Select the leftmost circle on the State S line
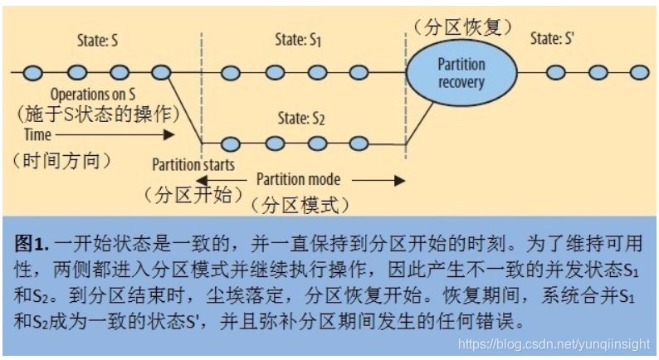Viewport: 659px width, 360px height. [33, 72]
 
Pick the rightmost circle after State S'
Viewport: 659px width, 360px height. [638, 72]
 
